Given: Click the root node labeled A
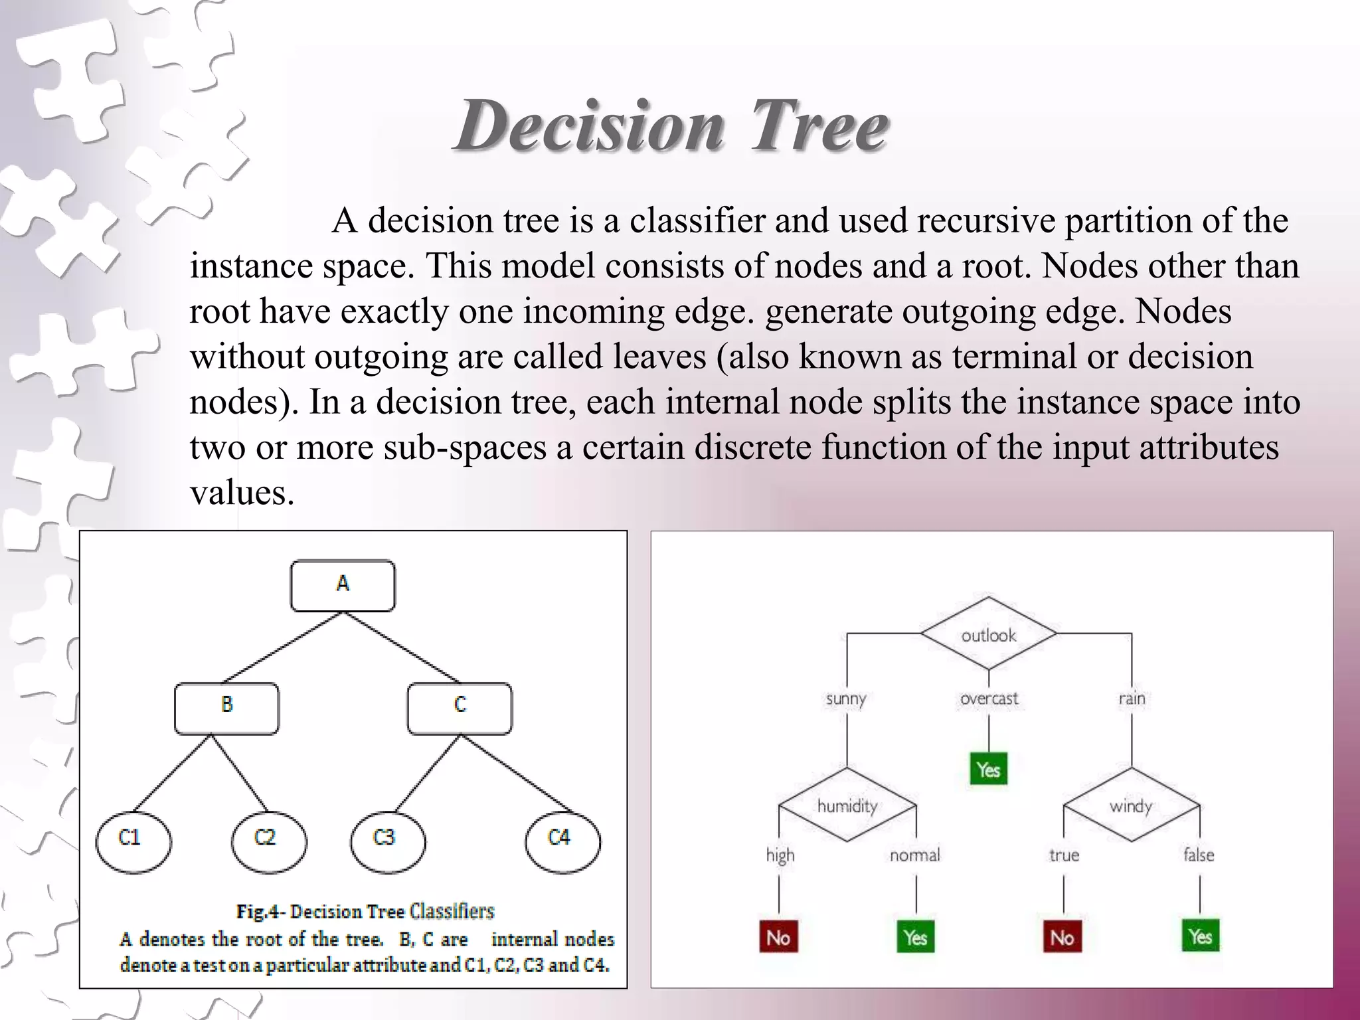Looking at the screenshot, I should (x=343, y=586).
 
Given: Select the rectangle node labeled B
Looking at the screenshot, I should (x=226, y=708).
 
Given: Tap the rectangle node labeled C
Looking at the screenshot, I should (x=460, y=708).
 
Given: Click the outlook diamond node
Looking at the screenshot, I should (x=988, y=634).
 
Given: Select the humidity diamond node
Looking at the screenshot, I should (x=847, y=805).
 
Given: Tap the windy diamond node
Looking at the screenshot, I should (x=1131, y=805).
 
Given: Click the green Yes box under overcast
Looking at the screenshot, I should (x=988, y=769).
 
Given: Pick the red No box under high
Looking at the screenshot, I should (x=778, y=937).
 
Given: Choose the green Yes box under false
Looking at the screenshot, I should (x=1200, y=936).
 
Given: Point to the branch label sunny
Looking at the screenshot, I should (x=846, y=699).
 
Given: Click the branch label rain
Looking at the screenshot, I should (x=1132, y=699).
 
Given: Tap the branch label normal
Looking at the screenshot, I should (x=914, y=855).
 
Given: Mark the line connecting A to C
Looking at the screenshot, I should (x=401, y=647).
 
